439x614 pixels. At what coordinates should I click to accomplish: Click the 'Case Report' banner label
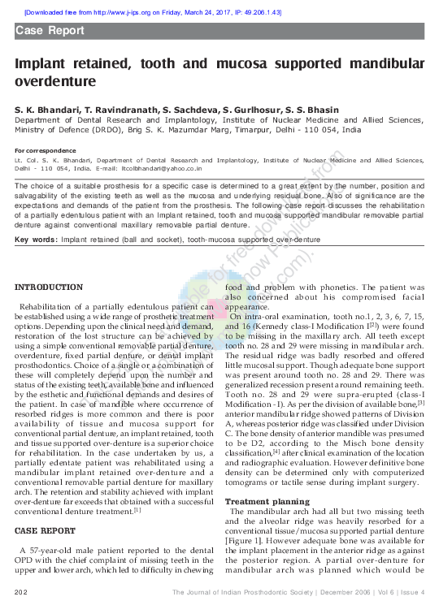(x=50, y=31)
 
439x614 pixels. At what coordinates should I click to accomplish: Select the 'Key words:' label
(x=36, y=240)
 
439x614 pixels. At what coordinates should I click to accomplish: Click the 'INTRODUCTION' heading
(x=49, y=288)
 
